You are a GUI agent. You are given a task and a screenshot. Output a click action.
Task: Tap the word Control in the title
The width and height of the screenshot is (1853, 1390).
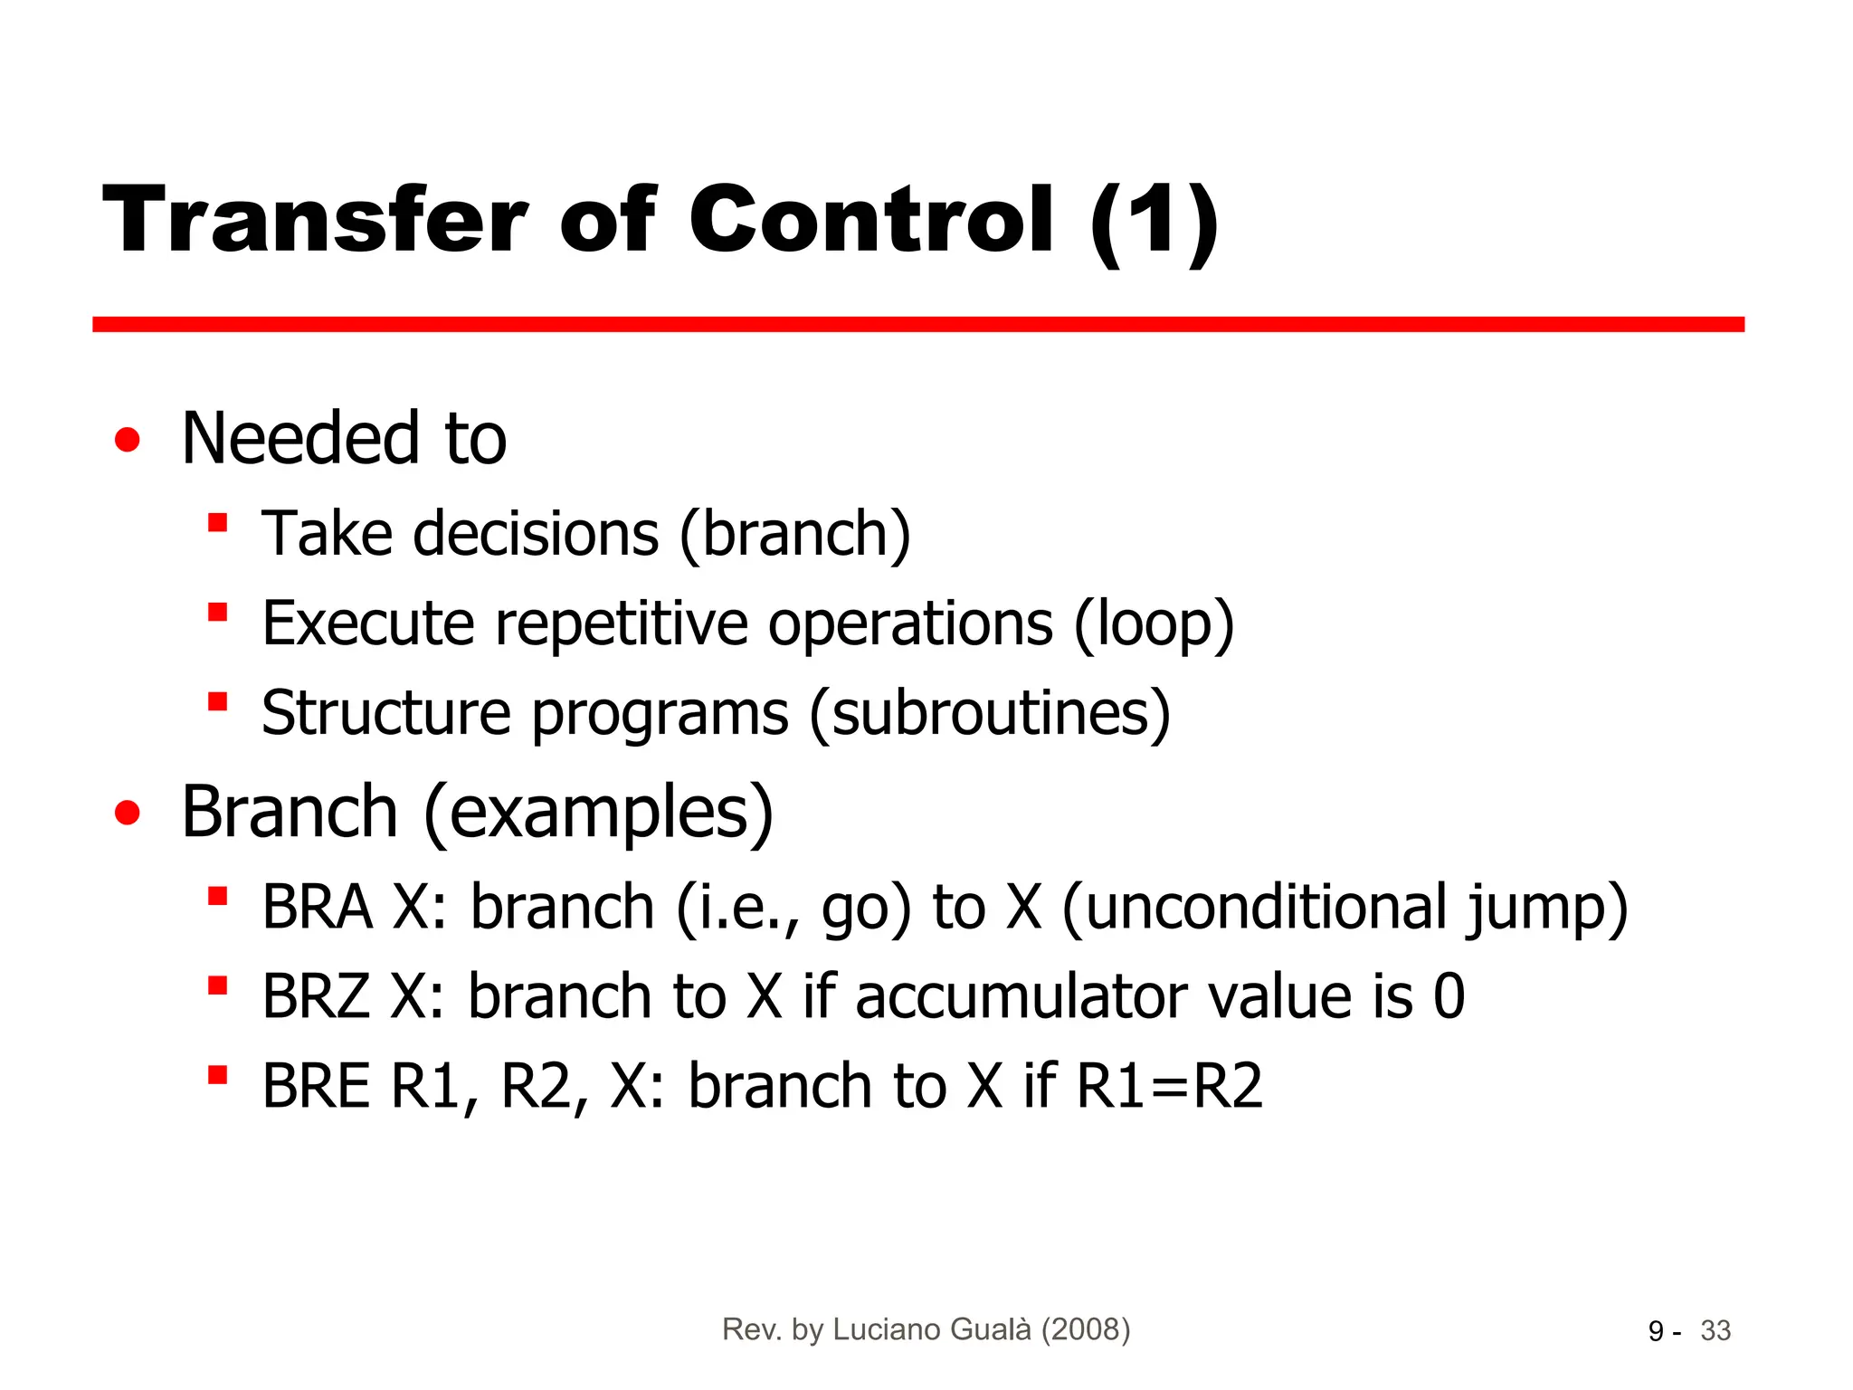pos(871,220)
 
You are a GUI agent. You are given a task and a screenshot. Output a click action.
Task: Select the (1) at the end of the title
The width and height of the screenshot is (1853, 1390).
pos(1155,222)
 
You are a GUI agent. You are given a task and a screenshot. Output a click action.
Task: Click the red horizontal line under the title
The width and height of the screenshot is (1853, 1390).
pos(917,324)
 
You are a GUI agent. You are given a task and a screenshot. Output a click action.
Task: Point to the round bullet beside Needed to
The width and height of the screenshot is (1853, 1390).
pos(128,440)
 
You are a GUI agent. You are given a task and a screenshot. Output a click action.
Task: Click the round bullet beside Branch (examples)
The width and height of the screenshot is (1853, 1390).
pos(128,813)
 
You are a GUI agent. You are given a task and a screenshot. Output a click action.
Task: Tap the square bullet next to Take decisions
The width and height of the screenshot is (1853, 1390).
pos(217,523)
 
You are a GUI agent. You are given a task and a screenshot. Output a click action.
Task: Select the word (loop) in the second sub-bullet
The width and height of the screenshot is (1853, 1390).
pos(1154,624)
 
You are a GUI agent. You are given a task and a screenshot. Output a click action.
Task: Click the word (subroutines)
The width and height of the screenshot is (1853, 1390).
pos(990,713)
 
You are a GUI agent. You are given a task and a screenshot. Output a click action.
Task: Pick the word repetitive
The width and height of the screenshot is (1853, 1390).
pos(622,624)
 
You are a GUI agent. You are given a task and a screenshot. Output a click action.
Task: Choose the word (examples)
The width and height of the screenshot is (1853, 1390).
pos(599,812)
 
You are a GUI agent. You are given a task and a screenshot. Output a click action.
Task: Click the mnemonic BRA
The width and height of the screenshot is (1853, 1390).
pos(317,907)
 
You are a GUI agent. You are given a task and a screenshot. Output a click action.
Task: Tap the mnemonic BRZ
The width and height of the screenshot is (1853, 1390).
pos(316,996)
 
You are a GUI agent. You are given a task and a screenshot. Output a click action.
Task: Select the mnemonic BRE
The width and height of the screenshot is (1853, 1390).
pos(316,1086)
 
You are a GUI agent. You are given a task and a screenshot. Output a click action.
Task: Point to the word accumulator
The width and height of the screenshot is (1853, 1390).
pos(1022,996)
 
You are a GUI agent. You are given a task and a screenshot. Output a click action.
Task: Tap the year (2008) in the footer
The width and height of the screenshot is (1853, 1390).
pos(1086,1329)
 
